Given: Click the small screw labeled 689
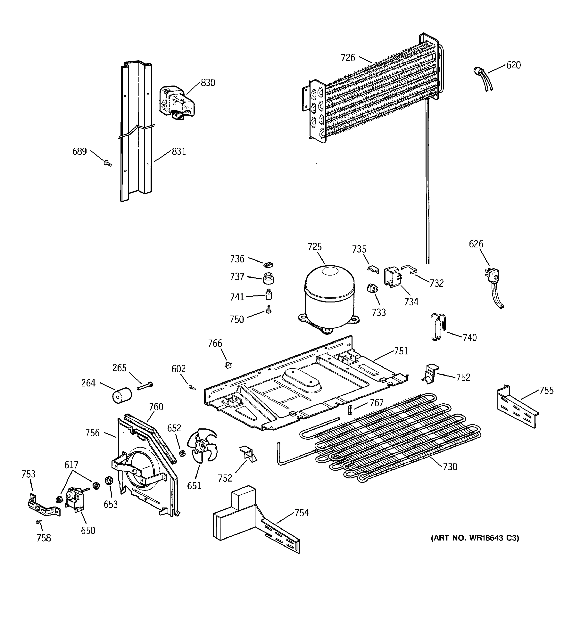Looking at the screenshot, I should [107, 162].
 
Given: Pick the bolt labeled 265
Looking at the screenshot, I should [145, 386].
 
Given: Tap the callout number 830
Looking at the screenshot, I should [208, 83].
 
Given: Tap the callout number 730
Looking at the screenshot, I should [450, 475].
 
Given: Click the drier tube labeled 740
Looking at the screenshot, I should [438, 327].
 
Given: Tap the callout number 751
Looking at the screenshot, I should [401, 351].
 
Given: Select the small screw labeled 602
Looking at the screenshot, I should [192, 387].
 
